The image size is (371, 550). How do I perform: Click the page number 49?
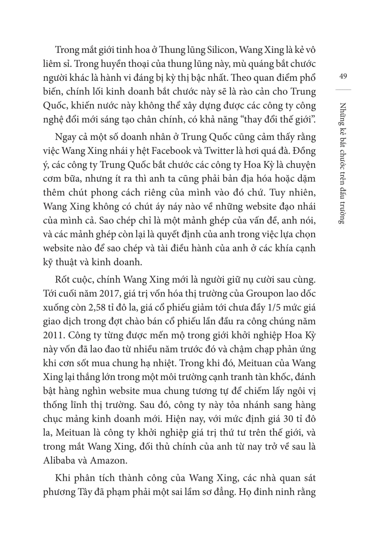tap(343, 76)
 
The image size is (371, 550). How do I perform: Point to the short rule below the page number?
tap(343, 90)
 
